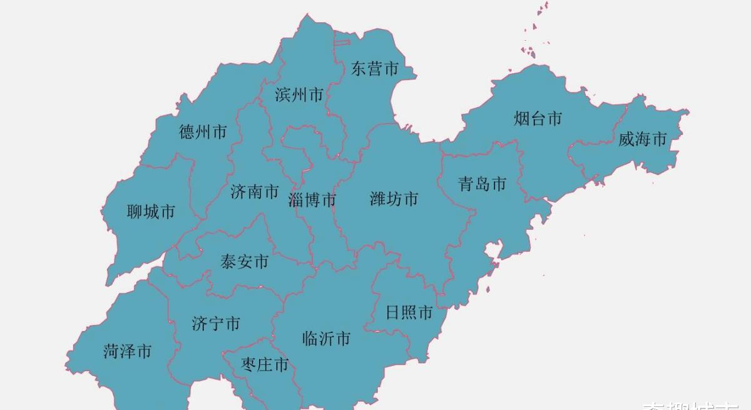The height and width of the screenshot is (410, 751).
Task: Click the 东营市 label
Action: click(x=374, y=68)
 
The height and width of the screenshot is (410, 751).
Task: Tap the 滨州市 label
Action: click(x=299, y=95)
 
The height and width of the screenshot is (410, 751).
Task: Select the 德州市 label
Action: click(x=203, y=132)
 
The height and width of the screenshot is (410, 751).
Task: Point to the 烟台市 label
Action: click(x=538, y=118)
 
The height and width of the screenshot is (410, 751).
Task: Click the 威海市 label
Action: click(x=643, y=139)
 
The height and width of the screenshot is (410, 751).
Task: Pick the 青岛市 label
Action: click(x=482, y=184)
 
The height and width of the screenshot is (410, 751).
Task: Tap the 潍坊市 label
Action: click(x=394, y=199)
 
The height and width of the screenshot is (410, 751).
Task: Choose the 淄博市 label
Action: click(x=312, y=200)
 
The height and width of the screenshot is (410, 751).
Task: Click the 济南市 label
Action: click(x=254, y=192)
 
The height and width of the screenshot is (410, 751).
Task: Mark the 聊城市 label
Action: click(x=151, y=212)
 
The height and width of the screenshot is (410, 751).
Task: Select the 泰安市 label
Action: click(x=244, y=261)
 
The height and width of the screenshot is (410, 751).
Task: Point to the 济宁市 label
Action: click(x=216, y=324)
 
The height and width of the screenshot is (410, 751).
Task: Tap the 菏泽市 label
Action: click(x=127, y=351)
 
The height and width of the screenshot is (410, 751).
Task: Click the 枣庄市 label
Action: click(x=265, y=364)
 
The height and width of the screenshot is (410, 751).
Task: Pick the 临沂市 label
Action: click(x=326, y=339)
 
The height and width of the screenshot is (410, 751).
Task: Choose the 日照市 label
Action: click(x=409, y=312)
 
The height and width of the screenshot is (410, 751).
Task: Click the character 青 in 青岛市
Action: click(x=466, y=184)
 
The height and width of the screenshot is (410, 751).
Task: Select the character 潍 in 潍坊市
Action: click(x=378, y=199)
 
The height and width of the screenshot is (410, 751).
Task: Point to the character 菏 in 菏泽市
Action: click(x=111, y=351)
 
